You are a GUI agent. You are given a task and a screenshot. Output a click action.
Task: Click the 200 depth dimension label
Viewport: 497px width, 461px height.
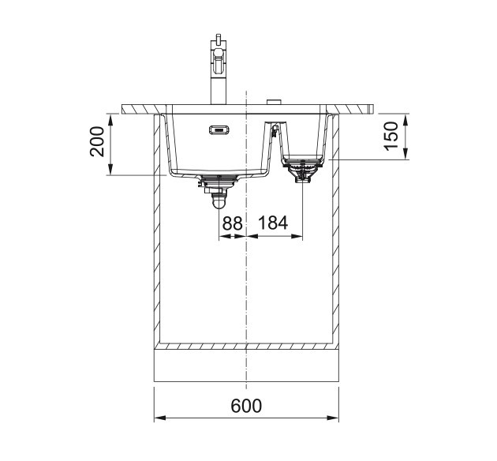point(97,141)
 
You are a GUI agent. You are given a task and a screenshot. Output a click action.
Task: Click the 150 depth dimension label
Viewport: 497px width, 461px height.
point(390,136)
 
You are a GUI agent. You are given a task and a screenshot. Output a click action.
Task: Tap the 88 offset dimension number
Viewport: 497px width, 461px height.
point(233,223)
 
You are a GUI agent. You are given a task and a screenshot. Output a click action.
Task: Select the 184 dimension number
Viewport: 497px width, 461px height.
point(273,223)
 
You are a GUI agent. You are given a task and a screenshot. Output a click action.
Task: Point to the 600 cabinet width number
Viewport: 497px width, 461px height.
point(246,406)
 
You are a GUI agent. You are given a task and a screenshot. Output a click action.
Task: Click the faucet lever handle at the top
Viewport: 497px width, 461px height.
point(218,39)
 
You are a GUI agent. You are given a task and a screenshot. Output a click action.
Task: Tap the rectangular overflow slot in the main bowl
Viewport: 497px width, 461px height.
point(219,130)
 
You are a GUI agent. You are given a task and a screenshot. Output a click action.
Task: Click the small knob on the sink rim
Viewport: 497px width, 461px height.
point(275,102)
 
